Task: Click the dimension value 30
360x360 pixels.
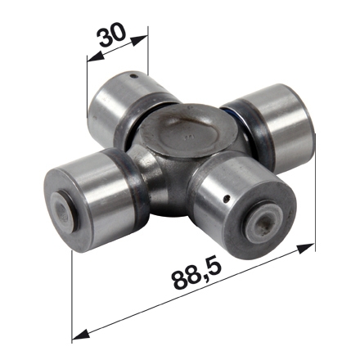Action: point(112,35)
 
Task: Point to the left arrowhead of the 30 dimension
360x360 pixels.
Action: point(96,56)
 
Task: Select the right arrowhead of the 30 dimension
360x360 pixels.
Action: point(139,41)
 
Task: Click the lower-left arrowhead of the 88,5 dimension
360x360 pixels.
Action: point(81,334)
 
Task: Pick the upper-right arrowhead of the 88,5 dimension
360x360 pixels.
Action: point(306,249)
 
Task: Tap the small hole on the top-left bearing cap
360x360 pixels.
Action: point(133,76)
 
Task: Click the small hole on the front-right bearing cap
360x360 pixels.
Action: point(226,199)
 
